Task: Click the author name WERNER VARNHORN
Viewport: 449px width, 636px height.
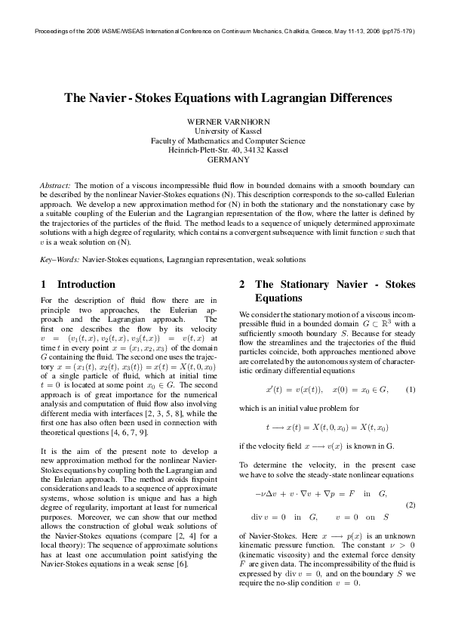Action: (x=224, y=122)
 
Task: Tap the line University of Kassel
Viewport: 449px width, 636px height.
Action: (x=224, y=131)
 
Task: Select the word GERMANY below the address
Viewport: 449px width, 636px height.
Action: (x=224, y=160)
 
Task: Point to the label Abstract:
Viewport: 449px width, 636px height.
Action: (x=56, y=185)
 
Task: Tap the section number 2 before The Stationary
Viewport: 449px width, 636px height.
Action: (x=241, y=285)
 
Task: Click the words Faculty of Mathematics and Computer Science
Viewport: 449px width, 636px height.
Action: (x=224, y=140)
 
